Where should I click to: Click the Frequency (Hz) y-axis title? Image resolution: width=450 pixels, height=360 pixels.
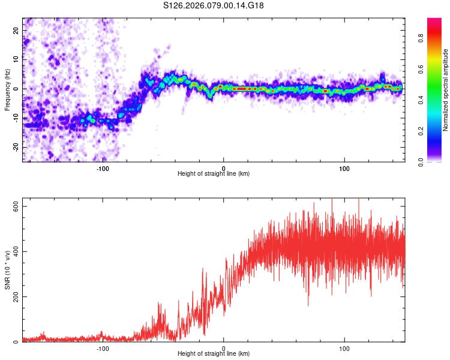click(7, 89)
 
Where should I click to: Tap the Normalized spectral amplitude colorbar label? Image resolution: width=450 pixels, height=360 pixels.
click(445, 90)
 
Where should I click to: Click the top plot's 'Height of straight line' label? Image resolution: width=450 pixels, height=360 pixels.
click(214, 173)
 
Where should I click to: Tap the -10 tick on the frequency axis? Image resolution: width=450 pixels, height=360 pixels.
click(15, 118)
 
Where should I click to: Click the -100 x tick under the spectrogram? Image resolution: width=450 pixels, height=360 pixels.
click(103, 168)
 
